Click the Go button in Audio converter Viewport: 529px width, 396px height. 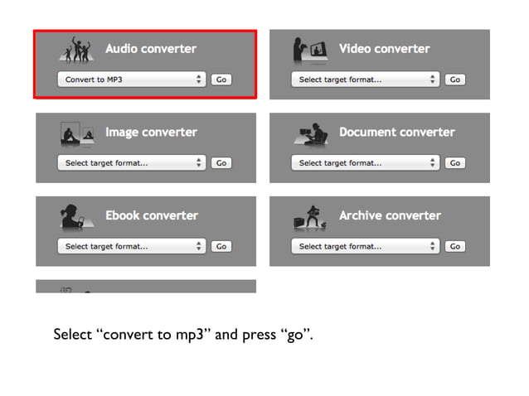point(221,80)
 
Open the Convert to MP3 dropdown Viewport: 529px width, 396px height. point(131,80)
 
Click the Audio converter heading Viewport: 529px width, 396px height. point(151,49)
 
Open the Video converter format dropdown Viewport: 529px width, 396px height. point(365,80)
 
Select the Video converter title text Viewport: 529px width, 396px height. point(384,49)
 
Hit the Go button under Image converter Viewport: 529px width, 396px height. point(221,163)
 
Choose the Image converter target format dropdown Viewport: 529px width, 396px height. point(131,163)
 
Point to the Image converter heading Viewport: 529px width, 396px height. point(151,133)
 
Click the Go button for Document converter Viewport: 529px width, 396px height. point(454,163)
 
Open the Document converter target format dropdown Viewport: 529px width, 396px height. point(365,163)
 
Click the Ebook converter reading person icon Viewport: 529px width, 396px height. point(75,217)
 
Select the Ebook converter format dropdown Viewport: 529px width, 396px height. point(131,246)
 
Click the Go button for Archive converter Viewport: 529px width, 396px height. point(454,246)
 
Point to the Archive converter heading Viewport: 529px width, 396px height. point(390,215)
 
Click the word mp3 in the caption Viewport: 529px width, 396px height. point(192,336)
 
